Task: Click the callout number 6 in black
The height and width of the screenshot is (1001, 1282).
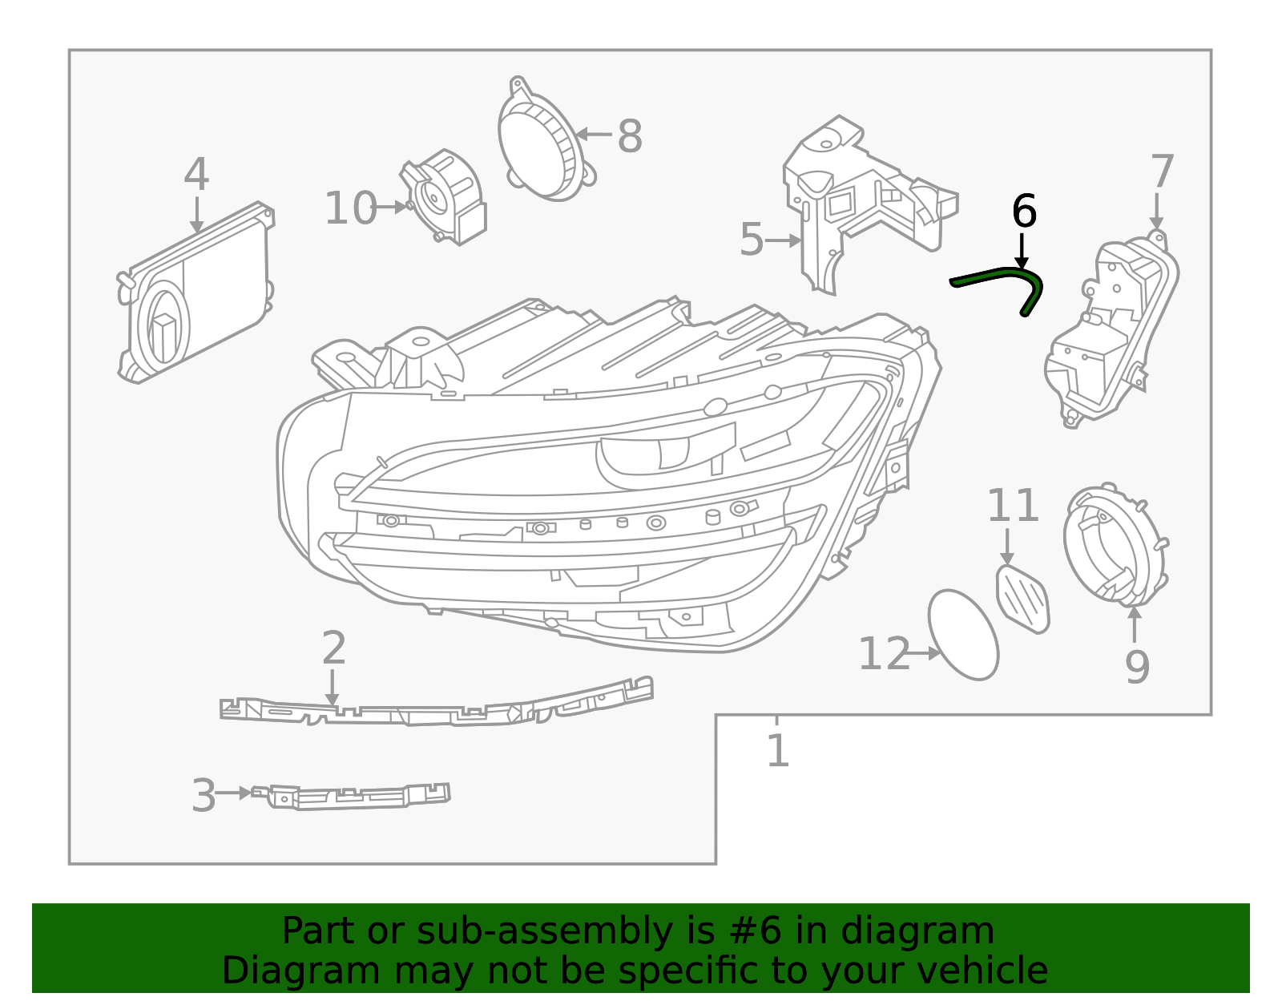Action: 1023,212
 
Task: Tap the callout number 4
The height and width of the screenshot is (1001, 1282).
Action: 196,176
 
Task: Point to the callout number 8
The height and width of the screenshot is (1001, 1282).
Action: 629,136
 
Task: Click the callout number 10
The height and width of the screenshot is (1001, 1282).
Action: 350,208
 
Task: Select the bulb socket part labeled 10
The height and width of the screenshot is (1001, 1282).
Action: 445,196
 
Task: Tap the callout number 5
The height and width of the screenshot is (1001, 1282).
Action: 751,240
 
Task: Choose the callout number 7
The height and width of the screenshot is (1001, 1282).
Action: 1161,172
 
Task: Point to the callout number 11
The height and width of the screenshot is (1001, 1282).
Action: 1012,507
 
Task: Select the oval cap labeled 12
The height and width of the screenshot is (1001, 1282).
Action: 963,635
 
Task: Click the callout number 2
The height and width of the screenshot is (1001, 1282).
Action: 333,648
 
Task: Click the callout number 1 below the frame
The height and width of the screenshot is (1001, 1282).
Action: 777,751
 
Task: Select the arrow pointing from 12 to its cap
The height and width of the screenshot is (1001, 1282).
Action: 925,654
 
